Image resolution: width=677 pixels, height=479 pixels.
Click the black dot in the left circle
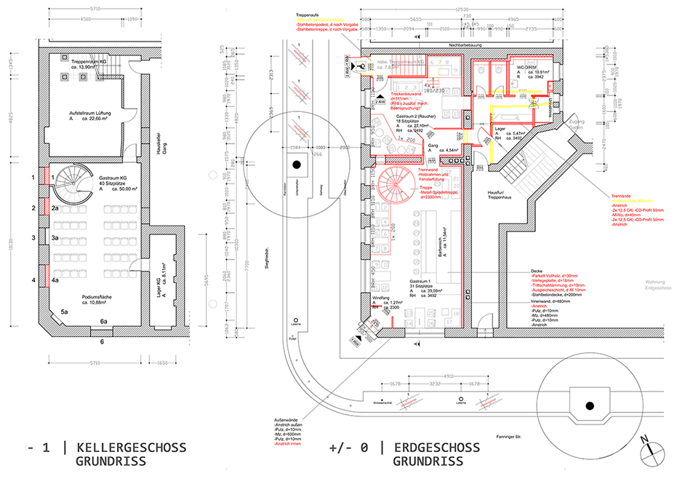pos(295,166)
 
